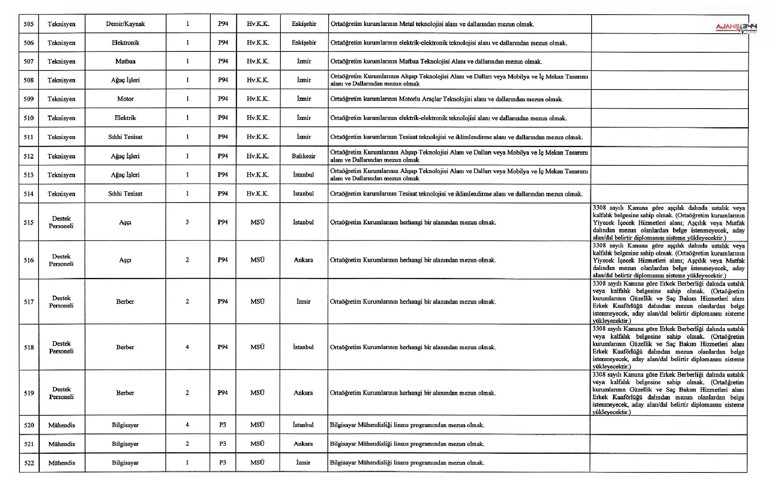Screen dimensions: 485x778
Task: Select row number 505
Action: click(x=28, y=24)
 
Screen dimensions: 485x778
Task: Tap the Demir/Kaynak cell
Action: click(x=125, y=24)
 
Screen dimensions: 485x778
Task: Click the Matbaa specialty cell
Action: click(x=125, y=61)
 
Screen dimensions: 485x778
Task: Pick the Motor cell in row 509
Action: click(x=125, y=99)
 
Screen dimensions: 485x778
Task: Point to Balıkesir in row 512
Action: click(x=304, y=156)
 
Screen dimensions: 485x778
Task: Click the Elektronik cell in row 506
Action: click(x=125, y=43)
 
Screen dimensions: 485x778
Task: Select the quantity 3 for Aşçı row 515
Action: click(x=187, y=222)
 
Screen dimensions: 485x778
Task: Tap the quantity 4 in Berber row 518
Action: click(x=187, y=347)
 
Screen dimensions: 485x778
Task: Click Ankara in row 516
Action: click(x=304, y=260)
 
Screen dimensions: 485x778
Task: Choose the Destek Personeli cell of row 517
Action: click(x=61, y=301)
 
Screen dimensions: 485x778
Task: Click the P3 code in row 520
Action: click(x=222, y=425)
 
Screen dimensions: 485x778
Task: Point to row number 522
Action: click(x=29, y=463)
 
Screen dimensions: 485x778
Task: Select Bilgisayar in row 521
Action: click(x=125, y=444)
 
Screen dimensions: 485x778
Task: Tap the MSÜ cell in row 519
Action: click(x=257, y=393)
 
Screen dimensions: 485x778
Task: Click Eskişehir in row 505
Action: click(x=304, y=24)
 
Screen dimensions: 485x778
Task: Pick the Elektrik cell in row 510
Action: click(x=125, y=118)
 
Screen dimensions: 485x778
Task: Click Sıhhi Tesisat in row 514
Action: click(x=125, y=194)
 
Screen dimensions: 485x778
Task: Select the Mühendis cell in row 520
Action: click(x=62, y=425)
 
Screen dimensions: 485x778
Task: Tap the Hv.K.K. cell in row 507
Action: click(x=258, y=61)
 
